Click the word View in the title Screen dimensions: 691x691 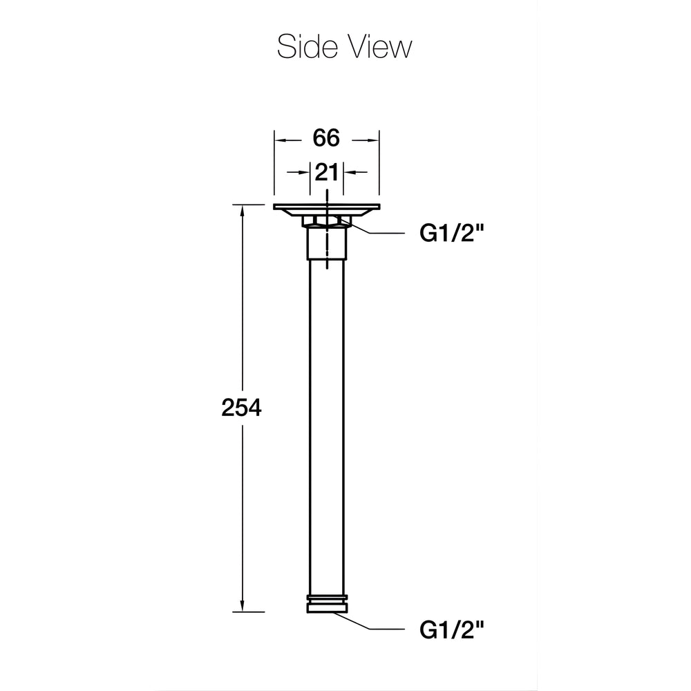[379, 46]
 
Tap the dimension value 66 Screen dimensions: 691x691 [326, 138]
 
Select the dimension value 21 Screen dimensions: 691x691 [326, 172]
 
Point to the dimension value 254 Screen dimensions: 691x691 [241, 408]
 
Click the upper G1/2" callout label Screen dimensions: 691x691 [452, 233]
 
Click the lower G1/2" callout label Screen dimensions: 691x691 [452, 630]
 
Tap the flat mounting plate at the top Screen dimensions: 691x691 [327, 207]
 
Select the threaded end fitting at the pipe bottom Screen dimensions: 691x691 [327, 604]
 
